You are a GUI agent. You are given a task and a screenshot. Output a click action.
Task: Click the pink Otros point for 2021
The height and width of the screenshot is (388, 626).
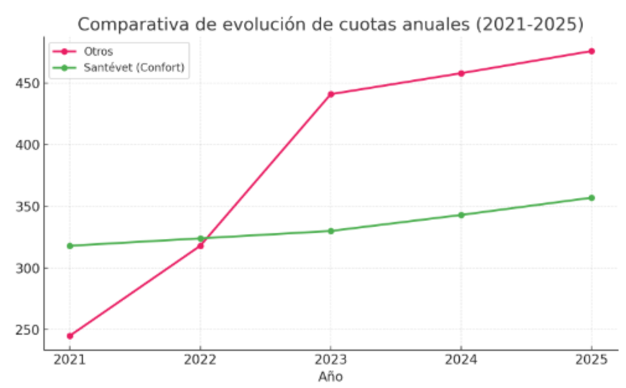coord(70,335)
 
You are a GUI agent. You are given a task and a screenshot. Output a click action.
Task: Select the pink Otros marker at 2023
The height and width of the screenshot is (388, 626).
coord(331,94)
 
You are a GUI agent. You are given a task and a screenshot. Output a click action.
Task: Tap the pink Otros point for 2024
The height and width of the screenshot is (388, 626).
coord(462,73)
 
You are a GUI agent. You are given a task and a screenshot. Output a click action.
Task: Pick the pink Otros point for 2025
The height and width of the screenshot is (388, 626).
coord(592,51)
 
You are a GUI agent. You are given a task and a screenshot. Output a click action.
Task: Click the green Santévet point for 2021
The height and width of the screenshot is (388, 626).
coord(70,246)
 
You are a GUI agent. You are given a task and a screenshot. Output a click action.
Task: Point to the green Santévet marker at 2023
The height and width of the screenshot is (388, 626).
coord(331,231)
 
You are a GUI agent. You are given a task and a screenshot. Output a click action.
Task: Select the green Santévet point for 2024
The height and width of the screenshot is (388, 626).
coord(462,215)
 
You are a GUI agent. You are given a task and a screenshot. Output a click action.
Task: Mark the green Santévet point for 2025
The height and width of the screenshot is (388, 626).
coord(592,198)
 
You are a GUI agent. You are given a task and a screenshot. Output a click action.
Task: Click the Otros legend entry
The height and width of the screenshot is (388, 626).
coord(98,51)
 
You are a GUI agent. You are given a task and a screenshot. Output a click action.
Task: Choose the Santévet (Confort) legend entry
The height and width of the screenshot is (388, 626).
coord(133,67)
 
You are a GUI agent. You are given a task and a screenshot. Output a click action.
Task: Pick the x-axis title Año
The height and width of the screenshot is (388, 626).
coord(331,376)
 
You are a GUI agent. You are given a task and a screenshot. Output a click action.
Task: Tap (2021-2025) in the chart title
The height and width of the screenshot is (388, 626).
coord(529,25)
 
